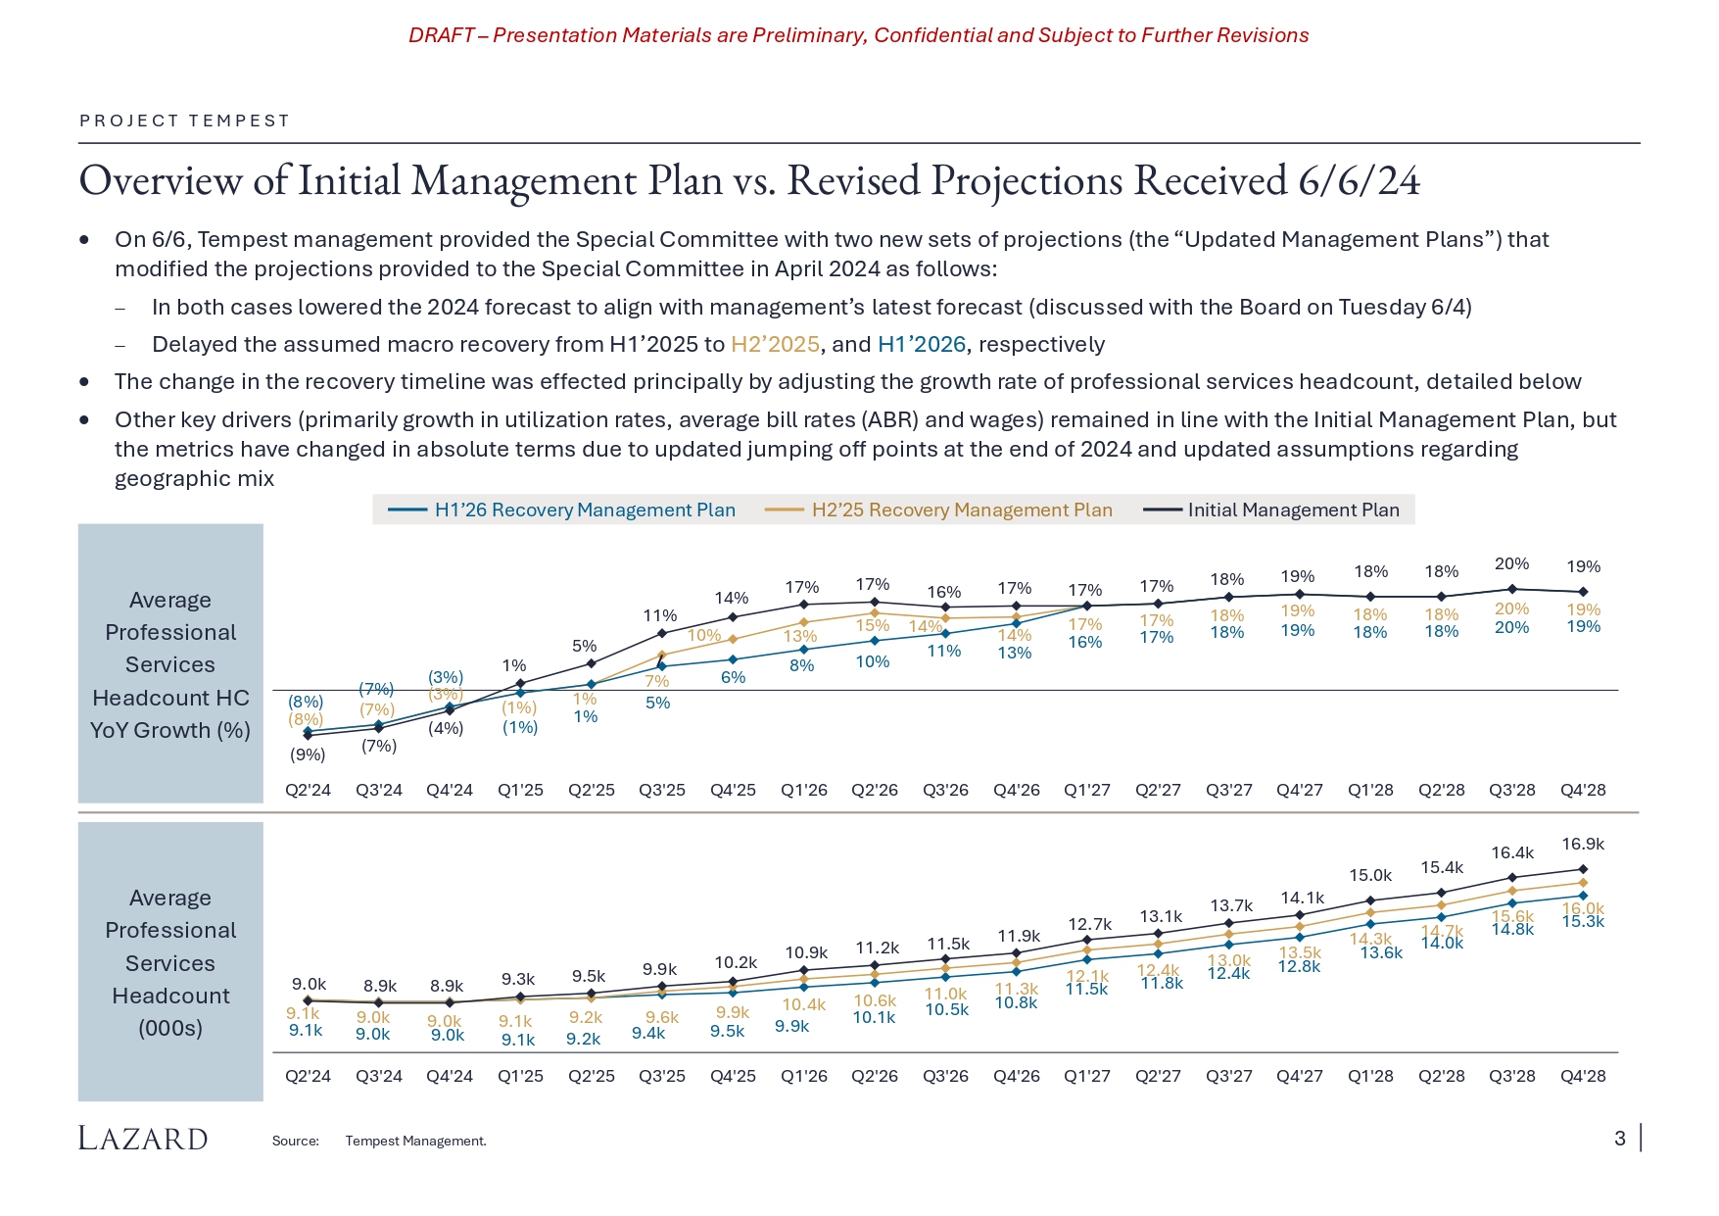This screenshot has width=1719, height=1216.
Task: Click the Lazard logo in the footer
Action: click(143, 1139)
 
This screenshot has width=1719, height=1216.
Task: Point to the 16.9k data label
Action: click(1583, 844)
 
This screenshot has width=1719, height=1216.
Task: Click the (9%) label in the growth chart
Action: click(308, 754)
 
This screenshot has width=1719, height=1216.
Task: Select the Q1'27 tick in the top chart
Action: click(1087, 790)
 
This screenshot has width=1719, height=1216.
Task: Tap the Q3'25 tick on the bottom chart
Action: click(662, 1076)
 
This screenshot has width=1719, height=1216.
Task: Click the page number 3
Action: click(1620, 1139)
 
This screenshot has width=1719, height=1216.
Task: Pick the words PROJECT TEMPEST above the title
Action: click(185, 121)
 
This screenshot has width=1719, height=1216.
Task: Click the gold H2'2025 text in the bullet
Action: click(775, 344)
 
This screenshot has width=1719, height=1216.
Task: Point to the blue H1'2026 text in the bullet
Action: click(921, 344)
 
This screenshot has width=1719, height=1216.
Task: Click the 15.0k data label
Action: click(1370, 875)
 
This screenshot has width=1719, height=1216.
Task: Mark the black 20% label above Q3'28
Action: click(1511, 563)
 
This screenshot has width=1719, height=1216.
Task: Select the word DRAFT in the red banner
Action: click(441, 35)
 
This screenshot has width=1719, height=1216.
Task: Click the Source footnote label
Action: click(296, 1141)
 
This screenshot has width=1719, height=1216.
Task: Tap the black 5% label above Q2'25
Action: click(584, 646)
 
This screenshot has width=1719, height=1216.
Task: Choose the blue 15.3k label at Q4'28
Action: click(1583, 922)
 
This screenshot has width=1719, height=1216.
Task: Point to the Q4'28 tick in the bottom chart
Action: click(1583, 1076)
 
